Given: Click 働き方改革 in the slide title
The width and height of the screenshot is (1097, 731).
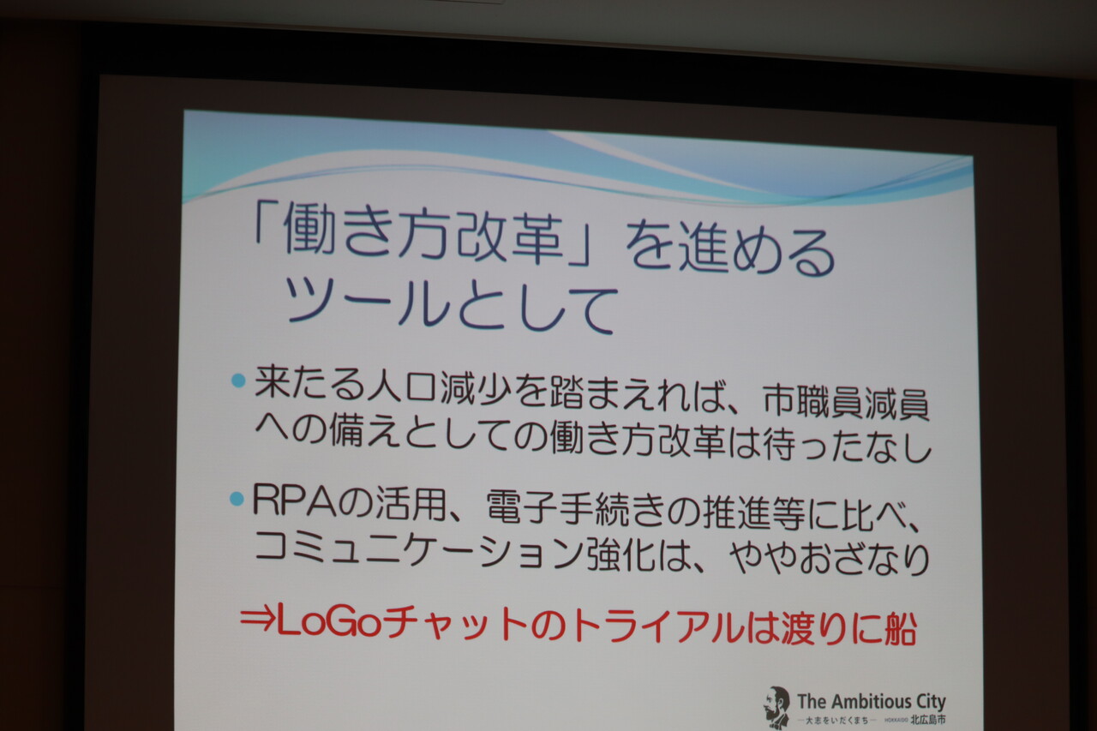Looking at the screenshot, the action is click(423, 235).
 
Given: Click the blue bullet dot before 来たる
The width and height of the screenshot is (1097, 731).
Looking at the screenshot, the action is click(238, 380).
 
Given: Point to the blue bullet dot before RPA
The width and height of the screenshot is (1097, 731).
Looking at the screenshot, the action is click(237, 499).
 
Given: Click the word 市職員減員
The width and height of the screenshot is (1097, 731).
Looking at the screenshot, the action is click(846, 404).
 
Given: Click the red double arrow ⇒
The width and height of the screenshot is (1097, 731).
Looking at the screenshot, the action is click(258, 621).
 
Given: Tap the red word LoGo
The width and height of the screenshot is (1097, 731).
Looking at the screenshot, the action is click(329, 624).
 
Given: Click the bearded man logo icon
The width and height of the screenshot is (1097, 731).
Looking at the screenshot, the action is click(777, 706).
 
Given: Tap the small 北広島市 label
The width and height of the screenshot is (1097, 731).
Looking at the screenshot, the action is click(928, 720).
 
